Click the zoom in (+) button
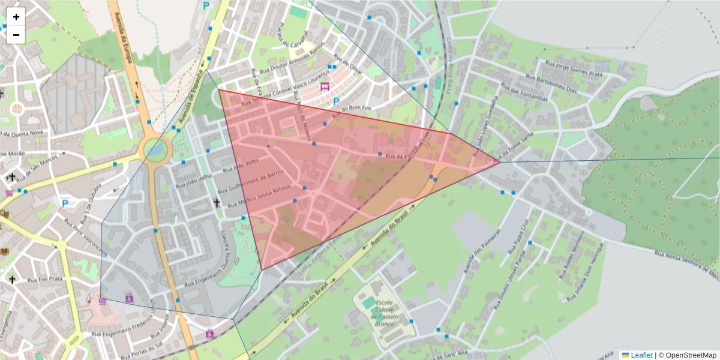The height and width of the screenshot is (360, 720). pyautogui.click(x=16, y=17)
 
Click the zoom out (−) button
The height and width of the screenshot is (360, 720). pyautogui.click(x=16, y=35)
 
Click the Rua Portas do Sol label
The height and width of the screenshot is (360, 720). pyautogui.click(x=143, y=349)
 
